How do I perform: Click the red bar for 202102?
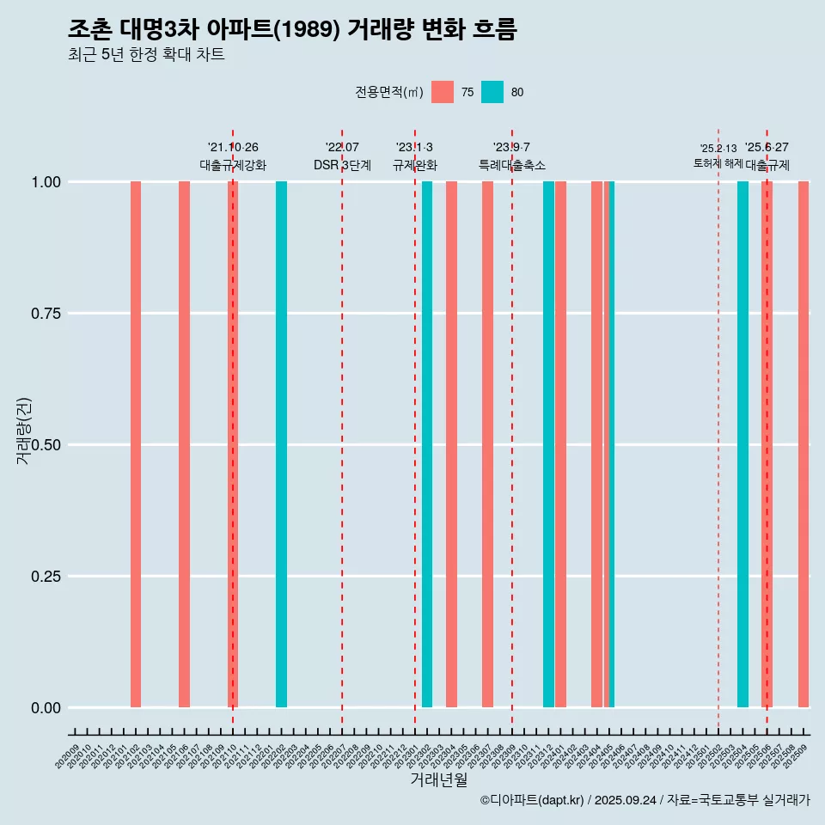click(x=136, y=444)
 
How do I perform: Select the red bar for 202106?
click(x=184, y=444)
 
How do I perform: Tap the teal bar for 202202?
click(x=281, y=444)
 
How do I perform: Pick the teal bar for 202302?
click(x=427, y=444)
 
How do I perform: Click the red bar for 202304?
click(x=451, y=444)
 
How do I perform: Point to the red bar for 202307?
click(x=487, y=444)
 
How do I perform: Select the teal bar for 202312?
click(x=548, y=444)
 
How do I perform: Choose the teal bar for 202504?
click(x=742, y=444)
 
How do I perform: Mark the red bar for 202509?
click(x=804, y=444)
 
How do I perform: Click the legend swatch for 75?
click(x=443, y=92)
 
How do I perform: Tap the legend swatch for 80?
click(x=492, y=92)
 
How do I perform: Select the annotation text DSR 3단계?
click(x=342, y=165)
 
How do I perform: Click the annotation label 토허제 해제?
click(x=718, y=163)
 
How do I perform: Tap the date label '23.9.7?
click(x=511, y=148)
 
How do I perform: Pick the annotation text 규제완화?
click(x=415, y=165)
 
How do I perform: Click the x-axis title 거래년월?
click(x=439, y=780)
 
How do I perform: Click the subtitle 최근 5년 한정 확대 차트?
click(x=146, y=55)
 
